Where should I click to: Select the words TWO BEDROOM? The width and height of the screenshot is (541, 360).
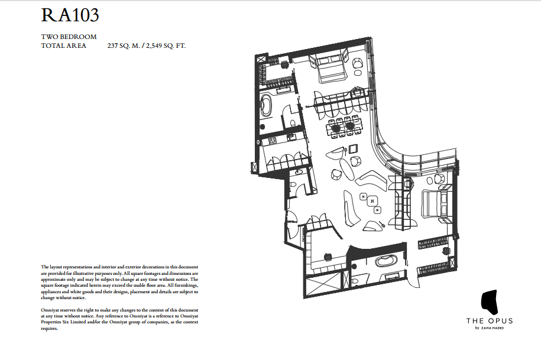(69, 37)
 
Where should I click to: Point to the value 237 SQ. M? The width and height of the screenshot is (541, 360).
(124, 46)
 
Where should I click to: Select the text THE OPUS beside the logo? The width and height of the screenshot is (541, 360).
(489, 321)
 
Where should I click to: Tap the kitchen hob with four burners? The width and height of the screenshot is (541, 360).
(273, 140)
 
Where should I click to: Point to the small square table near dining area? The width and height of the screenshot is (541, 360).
(353, 148)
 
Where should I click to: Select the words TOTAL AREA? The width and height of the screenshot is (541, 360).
(63, 46)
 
